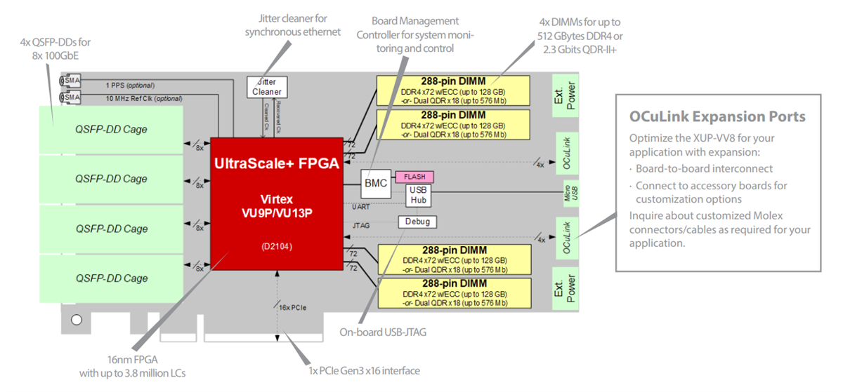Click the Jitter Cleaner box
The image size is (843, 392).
(267, 87)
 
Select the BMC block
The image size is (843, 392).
(375, 183)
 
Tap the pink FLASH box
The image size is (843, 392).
(414, 176)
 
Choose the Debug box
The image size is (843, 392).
(417, 222)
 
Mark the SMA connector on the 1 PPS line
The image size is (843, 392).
(71, 81)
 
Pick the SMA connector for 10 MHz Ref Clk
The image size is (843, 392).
(71, 97)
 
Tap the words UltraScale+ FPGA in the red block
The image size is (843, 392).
(276, 163)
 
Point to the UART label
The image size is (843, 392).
(361, 206)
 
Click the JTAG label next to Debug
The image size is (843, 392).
(361, 224)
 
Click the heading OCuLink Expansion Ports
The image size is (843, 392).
(717, 116)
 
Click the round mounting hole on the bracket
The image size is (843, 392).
(77, 320)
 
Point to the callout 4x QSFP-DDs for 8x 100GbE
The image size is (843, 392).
(55, 48)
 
